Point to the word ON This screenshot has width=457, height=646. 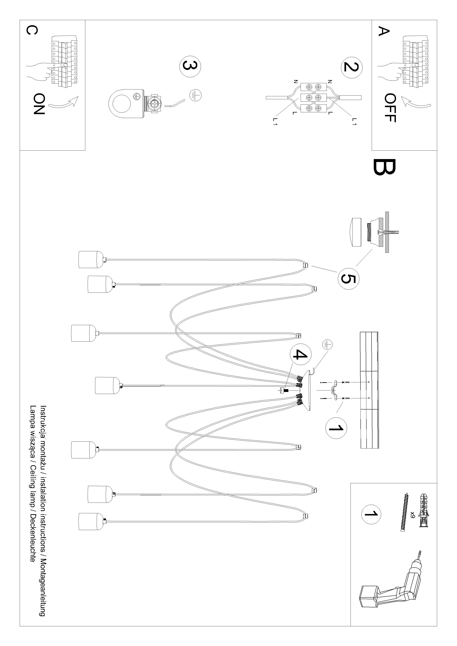pos(39,104)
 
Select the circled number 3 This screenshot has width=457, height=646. pos(190,66)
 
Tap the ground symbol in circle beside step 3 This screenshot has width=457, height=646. pos(195,95)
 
